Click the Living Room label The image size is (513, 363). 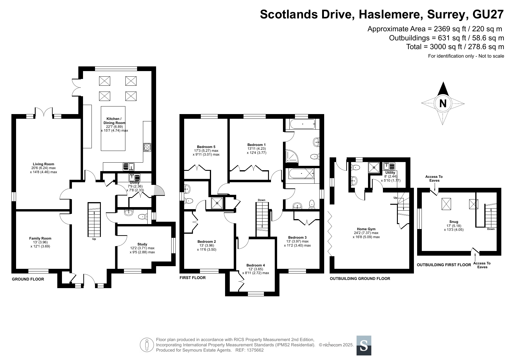point(43,164)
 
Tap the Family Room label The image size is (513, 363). point(40,238)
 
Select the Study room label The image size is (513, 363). point(142,244)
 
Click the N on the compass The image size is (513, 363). point(443,103)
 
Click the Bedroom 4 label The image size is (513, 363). point(255,266)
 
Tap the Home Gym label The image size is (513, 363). point(366,229)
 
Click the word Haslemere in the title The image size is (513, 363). point(391,14)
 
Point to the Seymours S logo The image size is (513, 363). point(364,345)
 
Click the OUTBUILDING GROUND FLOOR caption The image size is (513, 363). point(360,278)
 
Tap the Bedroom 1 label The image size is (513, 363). point(256,145)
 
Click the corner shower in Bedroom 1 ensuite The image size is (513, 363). point(292,156)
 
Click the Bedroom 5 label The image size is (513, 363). point(206,147)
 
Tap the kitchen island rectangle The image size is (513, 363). point(113,128)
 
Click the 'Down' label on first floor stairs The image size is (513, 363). point(262,200)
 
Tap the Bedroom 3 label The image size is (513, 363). point(297,238)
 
